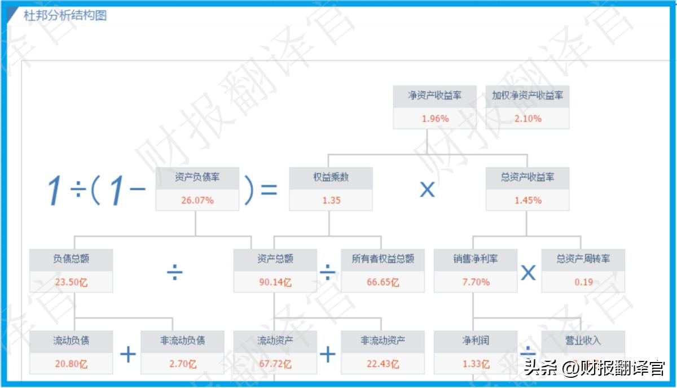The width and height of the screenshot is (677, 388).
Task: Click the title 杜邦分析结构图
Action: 65,15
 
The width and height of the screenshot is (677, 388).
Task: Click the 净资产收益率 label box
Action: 435,96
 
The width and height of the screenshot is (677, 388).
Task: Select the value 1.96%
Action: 435,119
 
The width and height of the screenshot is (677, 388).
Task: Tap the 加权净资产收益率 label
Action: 527,96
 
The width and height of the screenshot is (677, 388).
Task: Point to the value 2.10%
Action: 527,119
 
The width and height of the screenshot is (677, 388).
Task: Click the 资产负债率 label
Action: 197,177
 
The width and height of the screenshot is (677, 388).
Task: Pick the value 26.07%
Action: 197,200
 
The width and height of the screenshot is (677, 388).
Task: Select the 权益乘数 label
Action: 331,177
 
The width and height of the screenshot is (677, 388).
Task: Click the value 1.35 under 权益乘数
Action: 331,200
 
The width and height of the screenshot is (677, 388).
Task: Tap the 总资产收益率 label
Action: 527,177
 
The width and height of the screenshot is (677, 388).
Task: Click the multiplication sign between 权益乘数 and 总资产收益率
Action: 427,190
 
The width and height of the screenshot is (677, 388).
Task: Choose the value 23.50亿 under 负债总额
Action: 71,282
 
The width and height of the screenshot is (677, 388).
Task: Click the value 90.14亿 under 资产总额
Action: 275,282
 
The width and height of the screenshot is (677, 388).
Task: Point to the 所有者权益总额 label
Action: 383,259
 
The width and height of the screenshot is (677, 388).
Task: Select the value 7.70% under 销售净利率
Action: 476,282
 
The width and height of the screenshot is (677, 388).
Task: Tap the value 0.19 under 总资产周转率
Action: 583,282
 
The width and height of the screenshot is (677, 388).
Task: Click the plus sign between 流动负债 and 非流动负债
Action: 128,355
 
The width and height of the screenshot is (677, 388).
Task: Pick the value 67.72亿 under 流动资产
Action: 275,364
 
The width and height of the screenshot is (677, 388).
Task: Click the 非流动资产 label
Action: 383,341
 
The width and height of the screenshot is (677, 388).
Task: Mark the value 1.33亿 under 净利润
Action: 476,364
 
